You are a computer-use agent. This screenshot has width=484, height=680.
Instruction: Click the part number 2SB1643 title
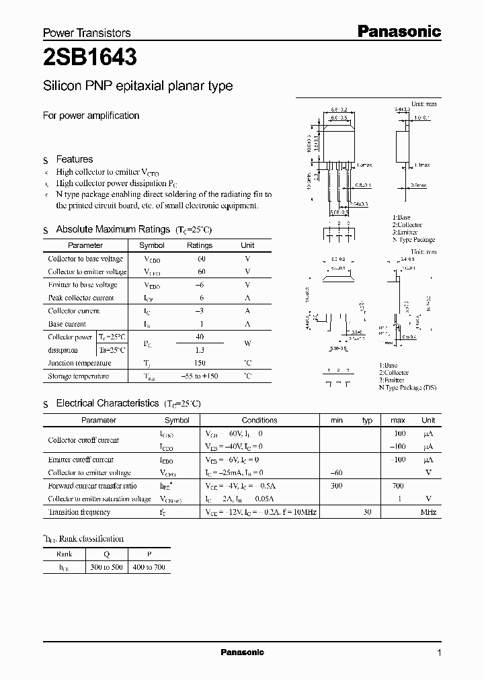click(x=90, y=58)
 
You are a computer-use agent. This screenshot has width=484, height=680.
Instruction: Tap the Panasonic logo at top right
click(x=398, y=31)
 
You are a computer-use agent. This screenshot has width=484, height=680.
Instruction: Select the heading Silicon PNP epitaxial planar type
click(x=138, y=86)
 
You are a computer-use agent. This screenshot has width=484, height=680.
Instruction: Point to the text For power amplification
click(x=91, y=116)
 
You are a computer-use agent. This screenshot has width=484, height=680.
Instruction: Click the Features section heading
click(x=74, y=159)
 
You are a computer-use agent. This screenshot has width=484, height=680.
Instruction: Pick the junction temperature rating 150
click(x=199, y=363)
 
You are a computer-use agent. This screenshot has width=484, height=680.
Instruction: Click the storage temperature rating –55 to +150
click(x=199, y=376)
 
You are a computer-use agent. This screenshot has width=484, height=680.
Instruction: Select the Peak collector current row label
click(x=81, y=298)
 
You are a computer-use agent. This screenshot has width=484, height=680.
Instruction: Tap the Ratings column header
click(x=199, y=246)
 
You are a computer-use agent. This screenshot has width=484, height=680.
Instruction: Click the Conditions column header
click(x=259, y=420)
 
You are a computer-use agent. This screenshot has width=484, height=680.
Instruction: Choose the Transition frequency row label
click(x=79, y=512)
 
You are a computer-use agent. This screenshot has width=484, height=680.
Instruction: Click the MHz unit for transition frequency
click(x=428, y=512)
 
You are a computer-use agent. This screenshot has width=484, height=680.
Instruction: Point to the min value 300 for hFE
click(x=336, y=485)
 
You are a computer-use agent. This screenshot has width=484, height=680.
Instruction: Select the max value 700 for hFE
click(x=398, y=485)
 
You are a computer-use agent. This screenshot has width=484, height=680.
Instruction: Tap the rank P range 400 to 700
click(x=149, y=568)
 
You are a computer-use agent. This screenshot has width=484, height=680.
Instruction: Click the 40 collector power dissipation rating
click(x=199, y=337)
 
